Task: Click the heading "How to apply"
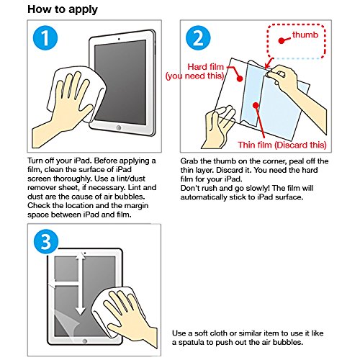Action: click(63, 9)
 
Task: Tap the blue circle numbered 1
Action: click(45, 38)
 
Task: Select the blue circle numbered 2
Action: click(198, 38)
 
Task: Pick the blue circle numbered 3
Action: click(46, 242)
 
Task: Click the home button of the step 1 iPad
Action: click(119, 127)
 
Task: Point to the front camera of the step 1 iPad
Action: click(119, 39)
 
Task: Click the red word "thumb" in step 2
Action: click(305, 35)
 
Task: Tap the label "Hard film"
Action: click(205, 67)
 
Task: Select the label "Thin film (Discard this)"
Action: click(282, 145)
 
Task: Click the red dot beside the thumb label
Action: click(282, 40)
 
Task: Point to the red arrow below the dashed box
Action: click(269, 63)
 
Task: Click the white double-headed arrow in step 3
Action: click(80, 284)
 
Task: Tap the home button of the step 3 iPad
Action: click(84, 341)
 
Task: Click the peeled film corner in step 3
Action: click(63, 322)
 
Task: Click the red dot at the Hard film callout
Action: click(240, 78)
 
